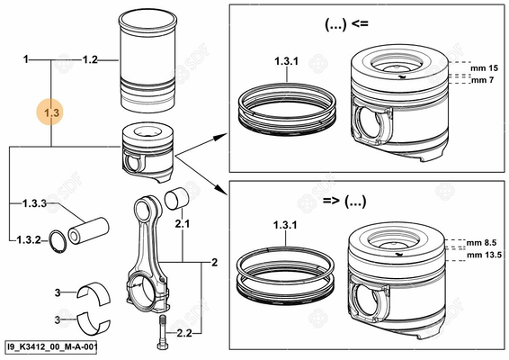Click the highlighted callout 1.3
(50, 113)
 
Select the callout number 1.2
(90, 59)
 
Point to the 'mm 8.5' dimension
(484, 242)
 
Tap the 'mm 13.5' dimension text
(486, 255)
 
